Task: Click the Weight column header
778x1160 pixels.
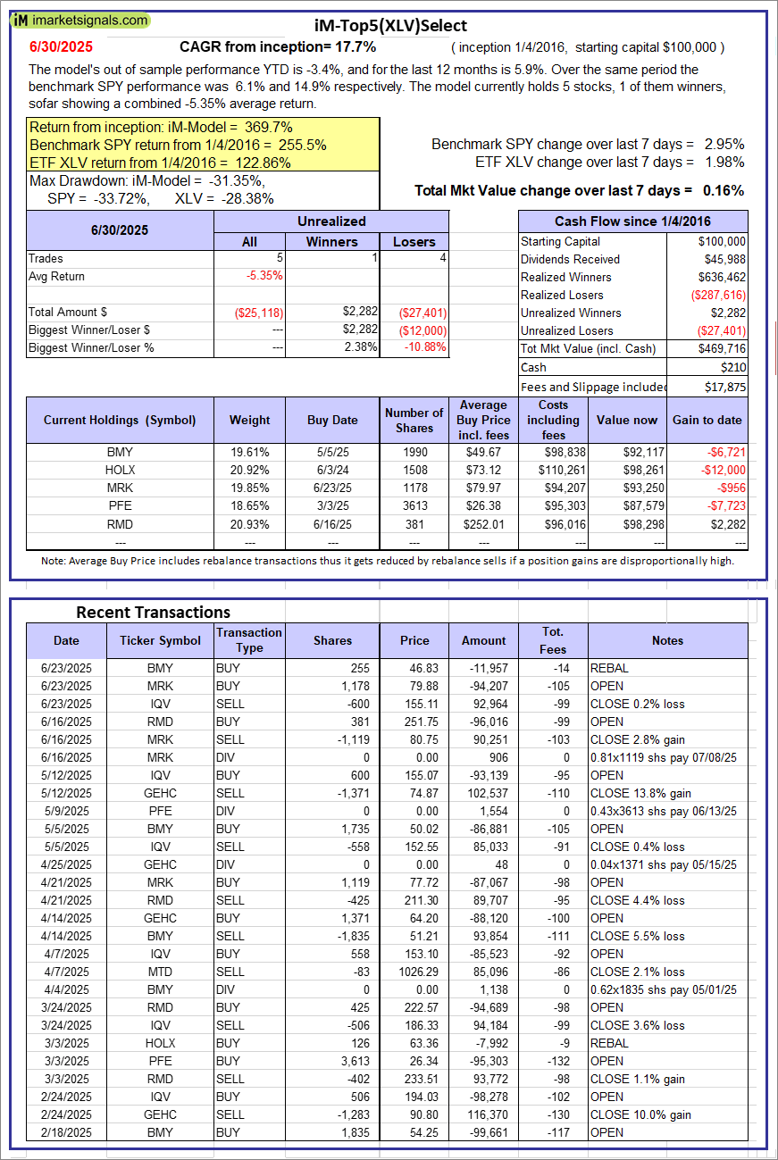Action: (x=249, y=420)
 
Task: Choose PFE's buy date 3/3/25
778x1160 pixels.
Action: (x=332, y=505)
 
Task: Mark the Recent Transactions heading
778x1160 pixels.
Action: (x=153, y=613)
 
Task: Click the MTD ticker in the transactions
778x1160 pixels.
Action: (x=161, y=972)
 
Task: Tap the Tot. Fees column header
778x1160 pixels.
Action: (x=553, y=640)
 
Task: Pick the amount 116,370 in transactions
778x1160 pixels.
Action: (x=488, y=1114)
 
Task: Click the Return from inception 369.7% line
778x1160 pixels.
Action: (x=161, y=127)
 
